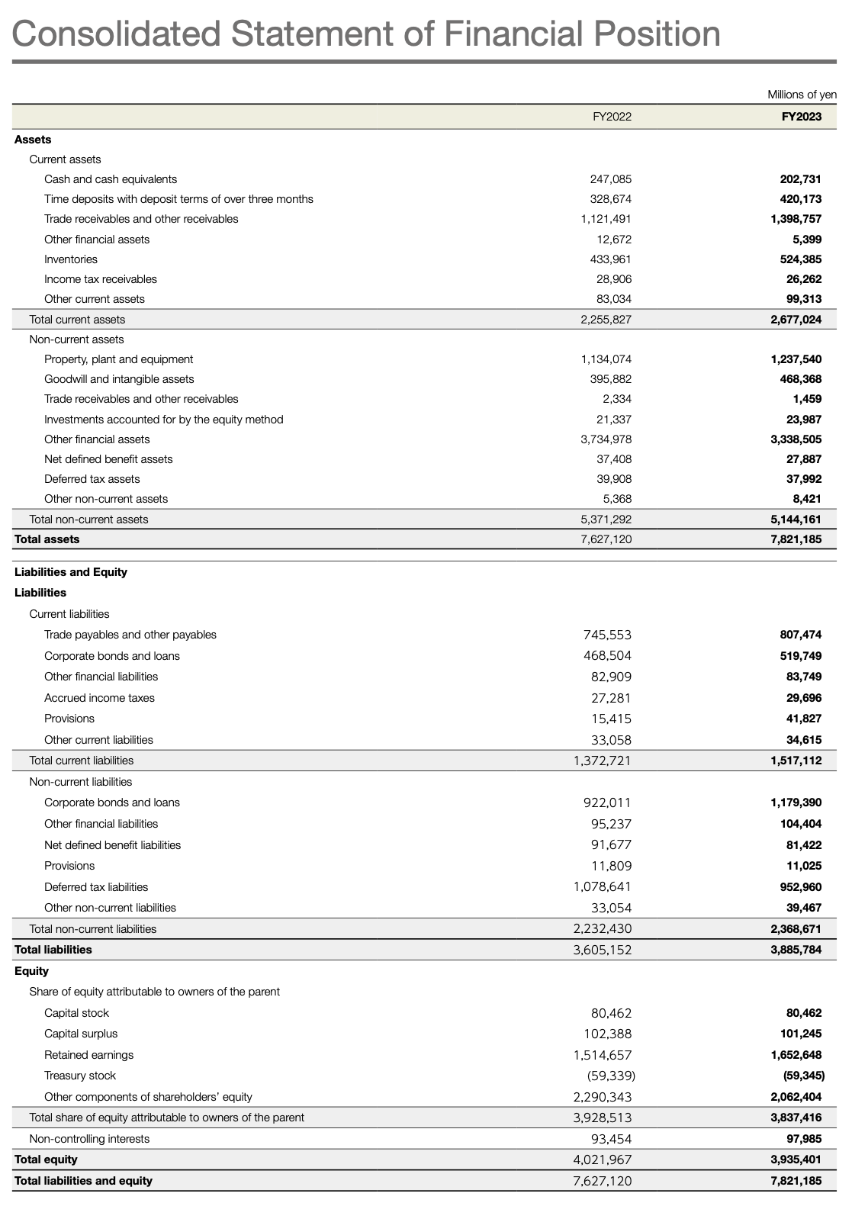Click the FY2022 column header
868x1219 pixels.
(612, 117)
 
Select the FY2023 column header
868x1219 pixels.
(801, 117)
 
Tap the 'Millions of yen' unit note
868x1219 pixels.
(802, 95)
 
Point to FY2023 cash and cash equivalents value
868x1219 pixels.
(796, 179)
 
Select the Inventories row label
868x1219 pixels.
(71, 259)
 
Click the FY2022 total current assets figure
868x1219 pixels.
(606, 320)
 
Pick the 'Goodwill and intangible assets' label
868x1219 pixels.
(119, 379)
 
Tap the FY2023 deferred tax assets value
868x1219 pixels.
(801, 479)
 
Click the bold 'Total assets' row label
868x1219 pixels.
(47, 539)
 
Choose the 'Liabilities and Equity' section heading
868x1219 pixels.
(71, 572)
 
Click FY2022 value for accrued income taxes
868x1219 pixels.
(612, 698)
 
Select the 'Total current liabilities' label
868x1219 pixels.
(82, 761)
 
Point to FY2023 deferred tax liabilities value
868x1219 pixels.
(796, 887)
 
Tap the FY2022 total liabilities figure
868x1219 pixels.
(603, 950)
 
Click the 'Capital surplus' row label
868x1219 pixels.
(81, 1034)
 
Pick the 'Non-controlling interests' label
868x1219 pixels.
(89, 1139)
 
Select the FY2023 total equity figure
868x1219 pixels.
(796, 1159)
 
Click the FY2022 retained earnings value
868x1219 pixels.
(603, 1055)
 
